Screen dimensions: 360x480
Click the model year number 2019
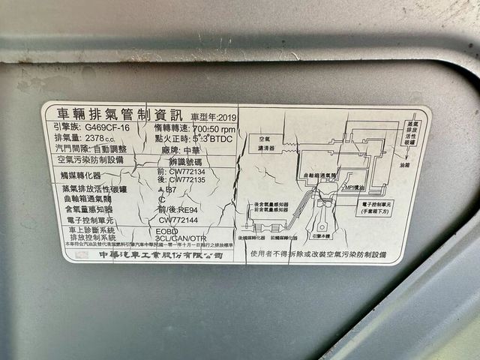tap(225, 117)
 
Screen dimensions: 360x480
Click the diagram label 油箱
tap(405, 165)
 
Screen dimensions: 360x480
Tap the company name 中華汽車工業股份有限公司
tap(161, 255)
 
